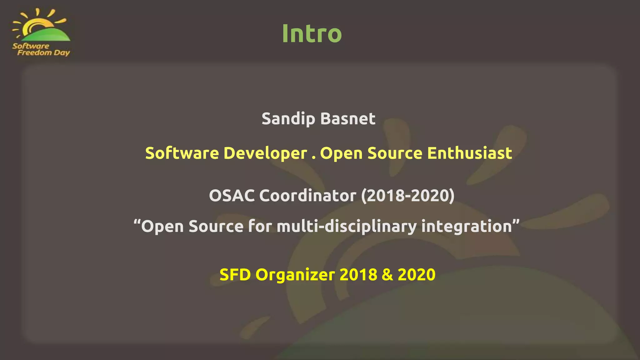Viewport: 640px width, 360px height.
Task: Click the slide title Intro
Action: tap(312, 33)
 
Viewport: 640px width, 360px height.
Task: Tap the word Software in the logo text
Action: tap(31, 46)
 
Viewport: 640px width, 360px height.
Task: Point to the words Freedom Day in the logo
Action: tap(43, 52)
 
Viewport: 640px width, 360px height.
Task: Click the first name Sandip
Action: tap(288, 119)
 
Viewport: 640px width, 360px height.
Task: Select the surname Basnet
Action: tap(347, 119)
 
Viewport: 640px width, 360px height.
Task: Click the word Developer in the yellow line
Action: tap(265, 153)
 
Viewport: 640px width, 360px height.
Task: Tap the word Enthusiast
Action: tap(469, 153)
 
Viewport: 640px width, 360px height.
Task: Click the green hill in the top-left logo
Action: tap(52, 35)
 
